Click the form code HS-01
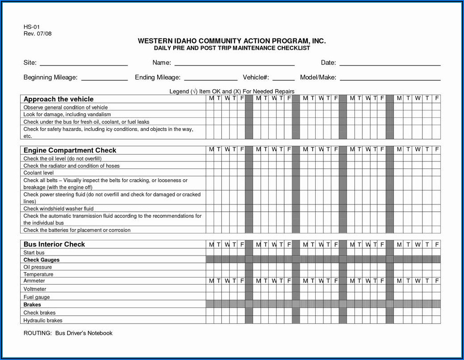tap(32, 27)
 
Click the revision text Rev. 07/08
tap(38, 34)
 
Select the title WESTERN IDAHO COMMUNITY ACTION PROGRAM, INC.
tap(232, 41)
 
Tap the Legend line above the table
tap(232, 91)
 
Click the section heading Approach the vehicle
tap(58, 99)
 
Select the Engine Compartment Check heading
tap(69, 150)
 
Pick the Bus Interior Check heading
tap(54, 244)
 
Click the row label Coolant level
tap(39, 173)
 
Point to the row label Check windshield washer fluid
tap(58, 208)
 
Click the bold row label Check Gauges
tap(41, 260)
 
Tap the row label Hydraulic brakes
tap(43, 321)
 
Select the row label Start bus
tap(34, 252)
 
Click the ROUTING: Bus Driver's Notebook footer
tap(68, 333)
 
